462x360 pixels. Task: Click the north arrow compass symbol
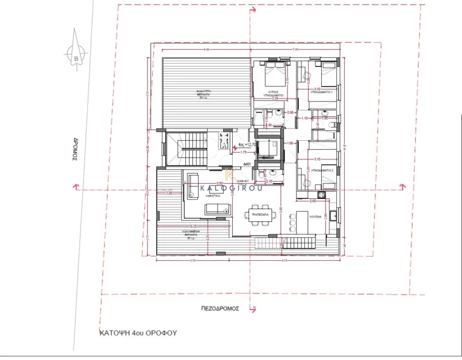tap(76, 55)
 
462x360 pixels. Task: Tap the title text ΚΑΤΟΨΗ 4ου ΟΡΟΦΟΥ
tap(139, 331)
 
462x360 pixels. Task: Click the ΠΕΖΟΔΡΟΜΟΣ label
tap(221, 307)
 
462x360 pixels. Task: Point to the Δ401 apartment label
tap(247, 163)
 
